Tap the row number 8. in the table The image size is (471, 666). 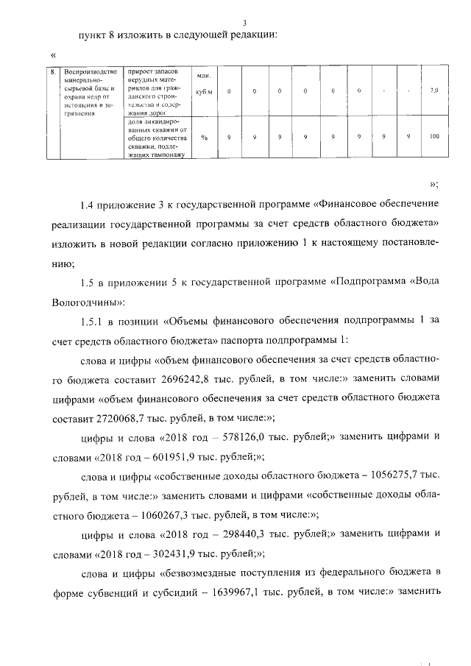pyautogui.click(x=54, y=72)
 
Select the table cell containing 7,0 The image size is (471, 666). pyautogui.click(x=433, y=91)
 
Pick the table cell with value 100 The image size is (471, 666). pyautogui.click(x=433, y=137)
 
